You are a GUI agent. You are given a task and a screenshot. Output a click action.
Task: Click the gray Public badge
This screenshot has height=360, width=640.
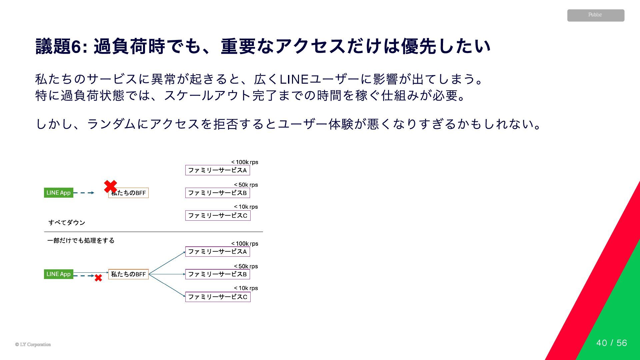pyautogui.click(x=596, y=15)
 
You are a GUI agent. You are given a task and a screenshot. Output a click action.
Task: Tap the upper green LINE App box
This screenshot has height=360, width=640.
pyautogui.click(x=59, y=193)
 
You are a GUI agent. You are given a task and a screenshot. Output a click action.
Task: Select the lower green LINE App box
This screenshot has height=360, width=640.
pyautogui.click(x=59, y=274)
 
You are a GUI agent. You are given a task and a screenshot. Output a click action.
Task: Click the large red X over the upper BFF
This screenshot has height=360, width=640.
pyautogui.click(x=110, y=186)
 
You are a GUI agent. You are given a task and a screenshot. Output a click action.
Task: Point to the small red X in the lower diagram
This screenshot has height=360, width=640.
pyautogui.click(x=98, y=278)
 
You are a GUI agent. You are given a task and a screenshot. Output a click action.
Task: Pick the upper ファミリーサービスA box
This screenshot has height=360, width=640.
pyautogui.click(x=217, y=170)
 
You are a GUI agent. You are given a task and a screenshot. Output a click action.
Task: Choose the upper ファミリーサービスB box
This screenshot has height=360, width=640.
pyautogui.click(x=217, y=193)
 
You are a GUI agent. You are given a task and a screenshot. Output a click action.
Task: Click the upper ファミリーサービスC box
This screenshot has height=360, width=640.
pyautogui.click(x=218, y=216)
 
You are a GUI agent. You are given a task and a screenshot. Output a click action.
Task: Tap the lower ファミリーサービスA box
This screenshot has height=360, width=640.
pyautogui.click(x=217, y=252)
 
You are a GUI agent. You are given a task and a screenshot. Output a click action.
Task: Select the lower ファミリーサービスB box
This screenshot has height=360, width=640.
pyautogui.click(x=217, y=274)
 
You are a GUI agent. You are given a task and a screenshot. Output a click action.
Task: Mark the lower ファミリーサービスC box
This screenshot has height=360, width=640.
pyautogui.click(x=218, y=297)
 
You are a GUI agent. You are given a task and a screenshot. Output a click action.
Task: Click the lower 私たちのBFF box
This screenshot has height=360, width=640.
pyautogui.click(x=128, y=274)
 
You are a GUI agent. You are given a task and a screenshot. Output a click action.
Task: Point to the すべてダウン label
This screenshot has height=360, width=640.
pyautogui.click(x=67, y=223)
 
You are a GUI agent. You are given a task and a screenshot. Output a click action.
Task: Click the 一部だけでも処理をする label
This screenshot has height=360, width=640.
pyautogui.click(x=81, y=240)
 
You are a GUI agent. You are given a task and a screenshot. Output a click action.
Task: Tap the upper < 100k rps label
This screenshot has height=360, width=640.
pyautogui.click(x=245, y=162)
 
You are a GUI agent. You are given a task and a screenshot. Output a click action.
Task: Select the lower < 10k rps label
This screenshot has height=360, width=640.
pyautogui.click(x=246, y=288)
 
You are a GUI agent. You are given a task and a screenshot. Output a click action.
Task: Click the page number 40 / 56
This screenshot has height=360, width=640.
pyautogui.click(x=612, y=343)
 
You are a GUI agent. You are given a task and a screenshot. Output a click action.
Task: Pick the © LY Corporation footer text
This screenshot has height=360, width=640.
pyautogui.click(x=33, y=345)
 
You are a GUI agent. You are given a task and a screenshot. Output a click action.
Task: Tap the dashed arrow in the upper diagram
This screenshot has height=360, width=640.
pyautogui.click(x=83, y=193)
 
